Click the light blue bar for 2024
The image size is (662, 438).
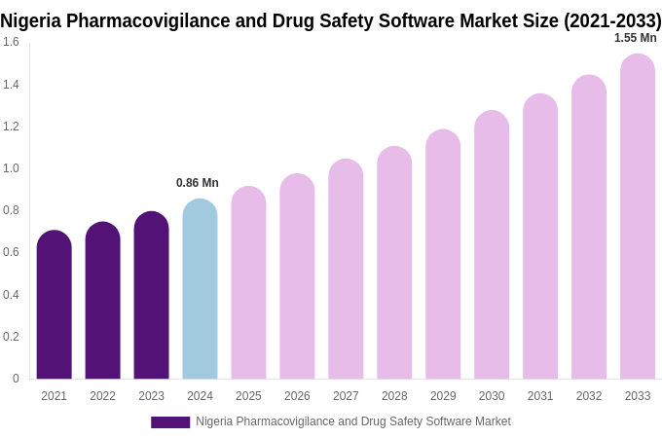(x=200, y=289)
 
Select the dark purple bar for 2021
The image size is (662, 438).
(x=54, y=305)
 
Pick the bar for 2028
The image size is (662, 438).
(x=394, y=263)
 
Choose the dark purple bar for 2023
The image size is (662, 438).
(x=151, y=295)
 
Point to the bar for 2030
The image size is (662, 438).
(x=492, y=244)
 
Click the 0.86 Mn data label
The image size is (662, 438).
(x=198, y=183)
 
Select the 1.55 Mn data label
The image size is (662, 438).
(x=635, y=38)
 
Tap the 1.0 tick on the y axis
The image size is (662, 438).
(x=11, y=168)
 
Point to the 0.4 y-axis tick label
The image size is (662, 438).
(x=11, y=295)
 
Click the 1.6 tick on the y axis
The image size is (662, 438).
(x=11, y=42)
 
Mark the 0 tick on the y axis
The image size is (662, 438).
(x=16, y=379)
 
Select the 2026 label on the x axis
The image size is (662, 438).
(x=297, y=396)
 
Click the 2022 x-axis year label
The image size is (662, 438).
(x=102, y=396)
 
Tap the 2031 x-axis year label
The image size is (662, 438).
(x=540, y=396)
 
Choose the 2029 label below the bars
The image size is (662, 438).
(x=443, y=396)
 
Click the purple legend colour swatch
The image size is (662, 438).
(x=170, y=422)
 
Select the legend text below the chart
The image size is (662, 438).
(x=352, y=421)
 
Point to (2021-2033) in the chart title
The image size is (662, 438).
(x=611, y=20)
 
